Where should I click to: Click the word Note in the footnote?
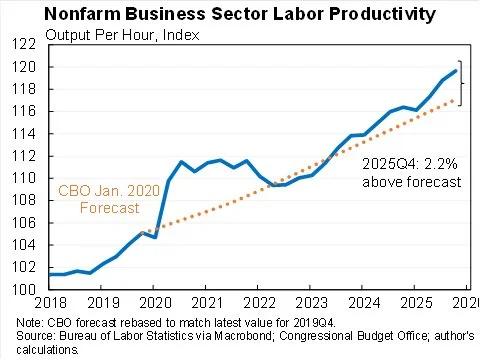(x=29, y=322)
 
